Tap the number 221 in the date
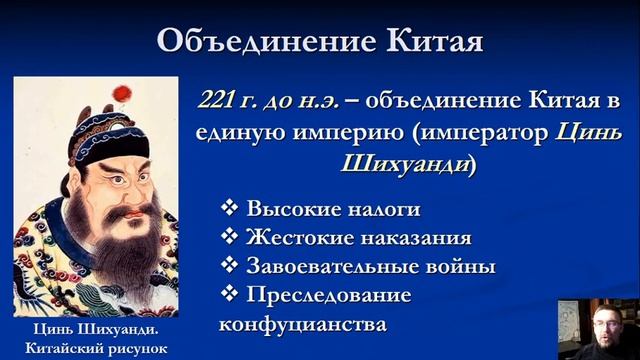click(221, 101)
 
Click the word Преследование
click(326, 296)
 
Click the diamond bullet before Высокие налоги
click(230, 209)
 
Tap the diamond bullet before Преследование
click(230, 296)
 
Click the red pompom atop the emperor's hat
click(122, 93)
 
